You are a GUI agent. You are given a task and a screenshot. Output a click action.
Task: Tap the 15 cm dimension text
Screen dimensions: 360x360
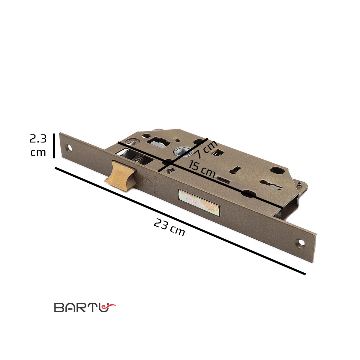click(202, 169)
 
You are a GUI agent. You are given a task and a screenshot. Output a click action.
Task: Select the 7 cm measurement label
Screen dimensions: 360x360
click(206, 150)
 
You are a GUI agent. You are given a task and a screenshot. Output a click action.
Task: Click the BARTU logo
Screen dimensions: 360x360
click(85, 307)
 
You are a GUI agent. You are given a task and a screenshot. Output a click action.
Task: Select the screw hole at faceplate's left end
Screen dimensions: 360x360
click(70, 148)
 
